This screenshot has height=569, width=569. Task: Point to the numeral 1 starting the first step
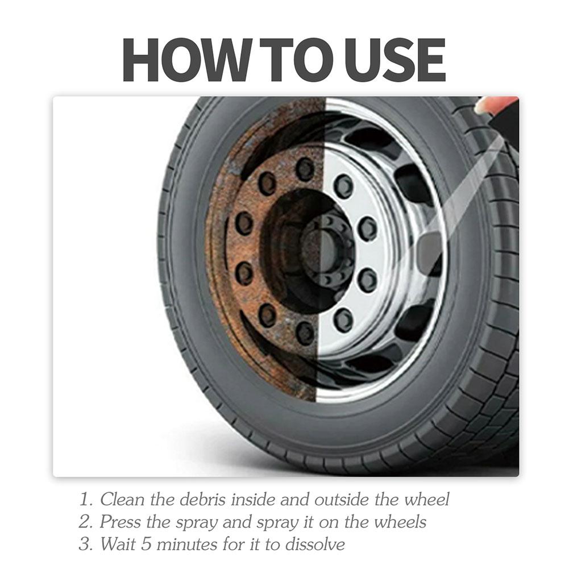coord(85,500)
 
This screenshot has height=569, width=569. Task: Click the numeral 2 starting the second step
coord(85,522)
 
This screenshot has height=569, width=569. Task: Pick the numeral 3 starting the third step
coord(85,544)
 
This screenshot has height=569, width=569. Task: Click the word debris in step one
coord(200,500)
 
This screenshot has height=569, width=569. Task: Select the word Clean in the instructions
coord(123,500)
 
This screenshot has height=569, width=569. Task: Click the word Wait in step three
coord(118,544)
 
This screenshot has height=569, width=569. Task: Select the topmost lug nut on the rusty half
coord(305,168)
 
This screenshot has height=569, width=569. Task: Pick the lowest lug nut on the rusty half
coord(306,331)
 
